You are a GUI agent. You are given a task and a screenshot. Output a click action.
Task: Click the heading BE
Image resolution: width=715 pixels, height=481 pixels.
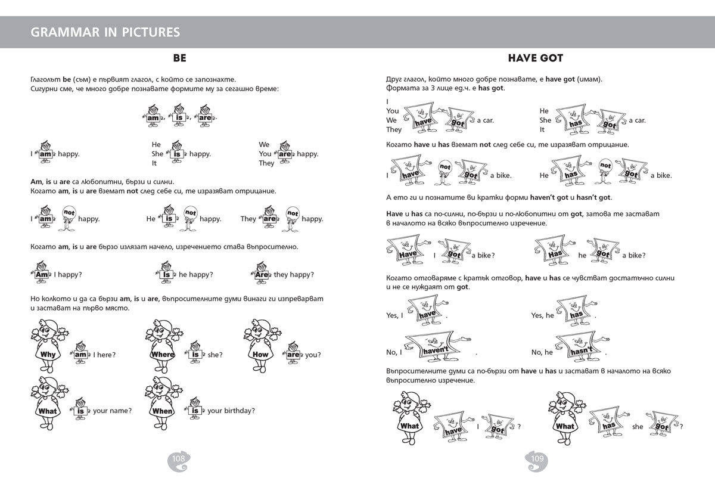tap(179, 58)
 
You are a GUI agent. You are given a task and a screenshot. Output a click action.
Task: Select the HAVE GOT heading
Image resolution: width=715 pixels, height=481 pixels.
tap(536, 58)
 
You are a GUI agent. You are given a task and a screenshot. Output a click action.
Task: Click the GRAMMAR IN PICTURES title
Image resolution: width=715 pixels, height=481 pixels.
tap(105, 32)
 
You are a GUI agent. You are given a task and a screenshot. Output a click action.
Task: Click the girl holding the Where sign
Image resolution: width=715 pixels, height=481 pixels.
tap(162, 344)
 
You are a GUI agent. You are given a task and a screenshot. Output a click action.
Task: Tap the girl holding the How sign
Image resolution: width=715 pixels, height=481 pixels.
tap(260, 344)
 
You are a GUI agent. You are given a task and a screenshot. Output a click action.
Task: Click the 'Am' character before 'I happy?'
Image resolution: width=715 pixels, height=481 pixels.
tap(42, 274)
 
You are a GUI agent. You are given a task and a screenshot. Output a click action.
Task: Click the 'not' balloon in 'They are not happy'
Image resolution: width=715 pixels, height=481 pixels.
tap(293, 213)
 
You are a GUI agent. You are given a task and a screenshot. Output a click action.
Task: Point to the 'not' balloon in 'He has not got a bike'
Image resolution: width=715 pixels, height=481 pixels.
tap(605, 166)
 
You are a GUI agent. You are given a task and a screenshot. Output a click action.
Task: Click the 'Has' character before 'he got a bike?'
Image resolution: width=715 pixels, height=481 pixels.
tap(554, 251)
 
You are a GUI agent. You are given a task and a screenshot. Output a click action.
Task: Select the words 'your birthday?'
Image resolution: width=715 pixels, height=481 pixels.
tap(231, 411)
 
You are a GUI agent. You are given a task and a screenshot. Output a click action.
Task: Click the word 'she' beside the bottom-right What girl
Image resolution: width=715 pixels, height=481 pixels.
tap(638, 427)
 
